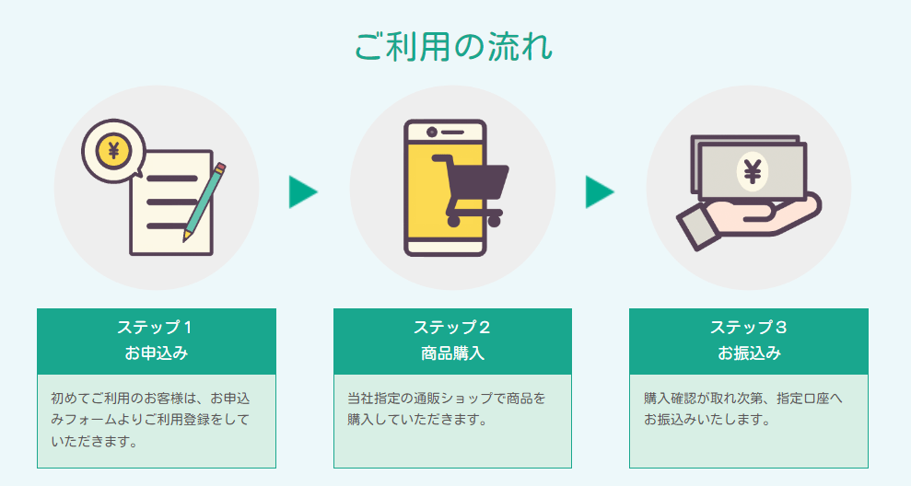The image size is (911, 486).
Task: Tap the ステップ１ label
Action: pyautogui.click(x=156, y=327)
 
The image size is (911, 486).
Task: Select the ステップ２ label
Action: pyautogui.click(x=452, y=327)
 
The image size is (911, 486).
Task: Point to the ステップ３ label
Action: pyautogui.click(x=748, y=327)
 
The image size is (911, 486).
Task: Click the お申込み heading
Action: pyautogui.click(x=156, y=353)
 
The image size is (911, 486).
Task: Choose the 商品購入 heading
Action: pyautogui.click(x=452, y=353)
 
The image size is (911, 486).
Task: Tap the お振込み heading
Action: pyautogui.click(x=748, y=353)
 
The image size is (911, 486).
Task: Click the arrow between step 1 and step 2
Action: pyautogui.click(x=302, y=191)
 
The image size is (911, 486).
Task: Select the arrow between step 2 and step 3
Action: pyautogui.click(x=599, y=191)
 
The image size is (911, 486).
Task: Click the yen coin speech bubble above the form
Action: pyautogui.click(x=113, y=149)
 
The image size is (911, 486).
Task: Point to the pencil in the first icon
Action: pyautogui.click(x=205, y=202)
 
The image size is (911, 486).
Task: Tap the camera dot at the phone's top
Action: pyautogui.click(x=432, y=133)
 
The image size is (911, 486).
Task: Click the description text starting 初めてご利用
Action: pyautogui.click(x=150, y=420)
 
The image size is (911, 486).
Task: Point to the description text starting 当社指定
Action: pyautogui.click(x=447, y=410)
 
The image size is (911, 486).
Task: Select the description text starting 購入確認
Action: pyautogui.click(x=743, y=410)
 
